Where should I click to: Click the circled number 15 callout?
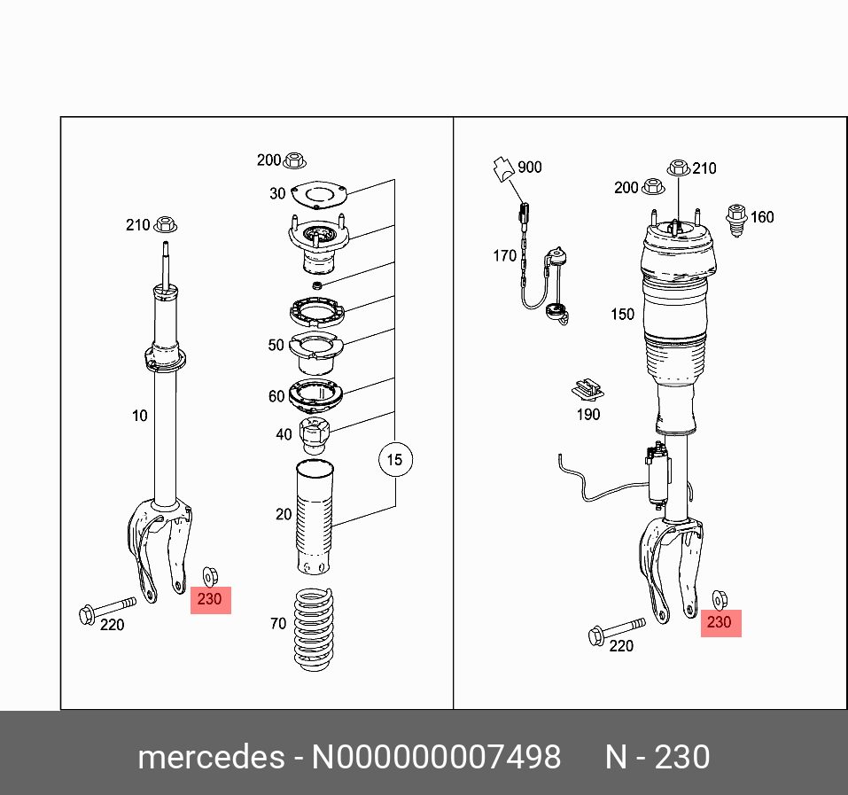click(x=395, y=459)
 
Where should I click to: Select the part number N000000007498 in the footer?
click(x=434, y=758)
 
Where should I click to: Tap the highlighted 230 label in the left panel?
click(x=210, y=600)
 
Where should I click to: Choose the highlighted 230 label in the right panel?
click(x=719, y=622)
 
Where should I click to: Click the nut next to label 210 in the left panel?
click(x=165, y=224)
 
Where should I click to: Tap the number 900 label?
click(x=529, y=167)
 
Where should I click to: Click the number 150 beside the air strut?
click(x=622, y=314)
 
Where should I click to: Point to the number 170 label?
click(x=504, y=256)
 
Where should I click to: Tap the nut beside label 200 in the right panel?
click(x=654, y=187)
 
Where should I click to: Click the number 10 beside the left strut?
click(x=139, y=415)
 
